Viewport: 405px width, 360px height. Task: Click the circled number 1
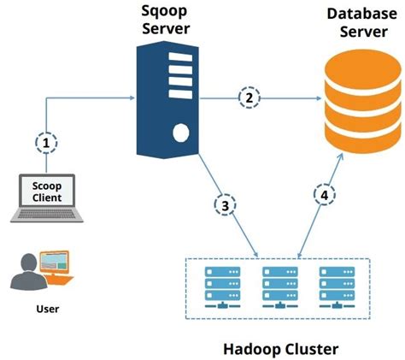pyautogui.click(x=46, y=142)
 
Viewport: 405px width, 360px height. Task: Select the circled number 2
pyautogui.click(x=249, y=98)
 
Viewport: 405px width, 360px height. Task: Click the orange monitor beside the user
pyautogui.click(x=59, y=263)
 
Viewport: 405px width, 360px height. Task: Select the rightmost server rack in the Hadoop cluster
pyautogui.click(x=334, y=283)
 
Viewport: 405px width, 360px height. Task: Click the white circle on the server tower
pyautogui.click(x=179, y=133)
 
